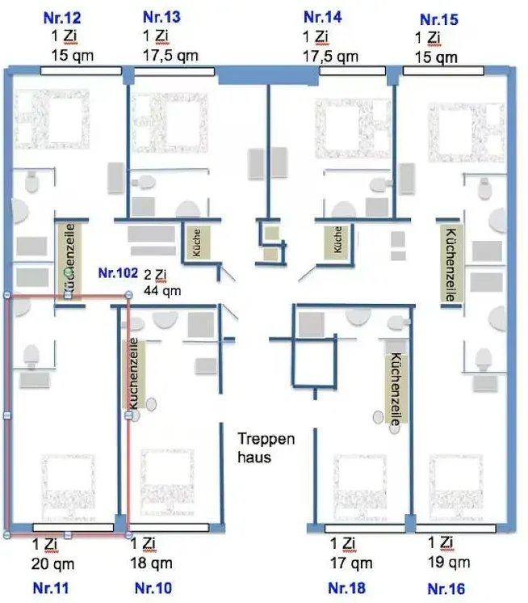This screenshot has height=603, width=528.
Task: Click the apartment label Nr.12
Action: pos(62,18)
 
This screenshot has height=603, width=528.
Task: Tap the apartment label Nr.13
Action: pos(161,17)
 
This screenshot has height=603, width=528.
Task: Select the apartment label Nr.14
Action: pos(322,17)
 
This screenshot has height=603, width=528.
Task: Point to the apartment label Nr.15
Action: pos(439,19)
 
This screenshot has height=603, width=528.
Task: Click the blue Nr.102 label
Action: pos(118,272)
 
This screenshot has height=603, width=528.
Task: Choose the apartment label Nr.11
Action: pos(51,588)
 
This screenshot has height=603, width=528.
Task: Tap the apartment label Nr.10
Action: pos(153,588)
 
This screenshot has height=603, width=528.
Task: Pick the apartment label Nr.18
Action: pos(346,588)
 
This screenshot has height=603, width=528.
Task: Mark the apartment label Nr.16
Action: pos(446,588)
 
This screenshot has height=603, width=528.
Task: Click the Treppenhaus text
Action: pos(266,448)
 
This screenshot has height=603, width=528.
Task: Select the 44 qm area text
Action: pos(162,290)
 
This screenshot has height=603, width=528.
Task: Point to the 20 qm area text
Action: pos(52,564)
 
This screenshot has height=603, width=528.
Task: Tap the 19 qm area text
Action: pos(449,563)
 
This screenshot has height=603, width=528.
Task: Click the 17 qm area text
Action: pos(351,563)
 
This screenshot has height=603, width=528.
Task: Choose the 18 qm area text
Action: pos(151,563)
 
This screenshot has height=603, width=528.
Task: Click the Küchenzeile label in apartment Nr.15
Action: pos(450,264)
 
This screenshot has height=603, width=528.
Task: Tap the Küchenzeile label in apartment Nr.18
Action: pos(396,389)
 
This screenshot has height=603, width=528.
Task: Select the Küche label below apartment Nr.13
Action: pos(196,242)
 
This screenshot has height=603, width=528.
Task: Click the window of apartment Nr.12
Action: pos(81,71)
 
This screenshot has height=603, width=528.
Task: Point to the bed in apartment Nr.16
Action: pos(456,487)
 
